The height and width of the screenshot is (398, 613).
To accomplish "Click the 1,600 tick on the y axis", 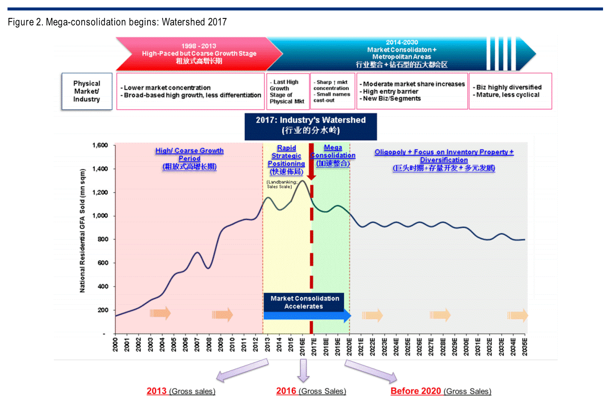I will [101, 145].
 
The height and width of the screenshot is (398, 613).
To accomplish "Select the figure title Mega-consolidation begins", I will [117, 22].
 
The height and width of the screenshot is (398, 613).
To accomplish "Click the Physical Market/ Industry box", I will [86, 91].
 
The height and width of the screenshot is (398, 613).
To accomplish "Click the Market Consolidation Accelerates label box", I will [304, 302].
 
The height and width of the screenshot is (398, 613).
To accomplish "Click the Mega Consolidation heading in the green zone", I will [333, 155].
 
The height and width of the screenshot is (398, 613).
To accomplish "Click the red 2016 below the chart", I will [286, 391].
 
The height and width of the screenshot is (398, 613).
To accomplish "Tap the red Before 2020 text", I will [415, 391].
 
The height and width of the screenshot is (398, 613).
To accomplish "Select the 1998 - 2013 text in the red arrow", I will [199, 46].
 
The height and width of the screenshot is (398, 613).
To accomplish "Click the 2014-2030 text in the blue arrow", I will [402, 43].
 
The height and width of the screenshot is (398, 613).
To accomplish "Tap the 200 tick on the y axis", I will [103, 310].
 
